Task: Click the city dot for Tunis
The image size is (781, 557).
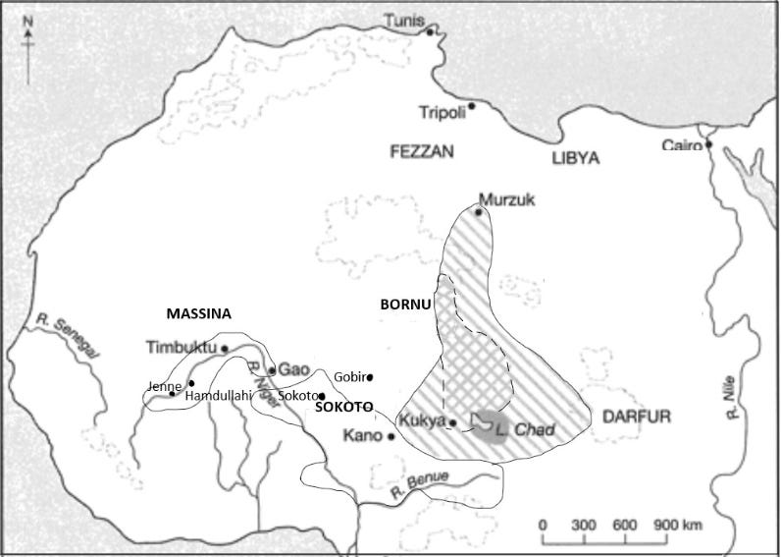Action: pyautogui.click(x=430, y=31)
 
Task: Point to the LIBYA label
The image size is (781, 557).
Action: pyautogui.click(x=575, y=157)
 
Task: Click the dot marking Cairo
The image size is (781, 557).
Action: pyautogui.click(x=707, y=144)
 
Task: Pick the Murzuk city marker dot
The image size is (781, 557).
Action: pyautogui.click(x=479, y=211)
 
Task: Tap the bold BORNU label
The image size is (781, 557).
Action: pyautogui.click(x=405, y=305)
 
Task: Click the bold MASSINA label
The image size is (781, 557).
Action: pyautogui.click(x=197, y=314)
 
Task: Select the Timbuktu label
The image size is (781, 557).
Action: pyautogui.click(x=180, y=348)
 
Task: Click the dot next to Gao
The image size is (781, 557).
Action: pyautogui.click(x=272, y=370)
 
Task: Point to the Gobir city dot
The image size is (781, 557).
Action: pyautogui.click(x=370, y=376)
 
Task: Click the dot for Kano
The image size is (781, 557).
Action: pyautogui.click(x=391, y=436)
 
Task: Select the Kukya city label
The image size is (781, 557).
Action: pyautogui.click(x=422, y=420)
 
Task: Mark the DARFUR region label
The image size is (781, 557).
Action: pyautogui.click(x=637, y=418)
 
